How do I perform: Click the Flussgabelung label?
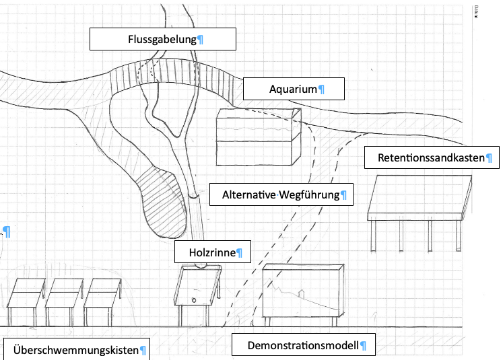click(x=163, y=39)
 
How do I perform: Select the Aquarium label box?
click(x=294, y=89)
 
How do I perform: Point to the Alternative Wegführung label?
click(x=281, y=195)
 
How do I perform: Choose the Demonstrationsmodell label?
click(x=302, y=346)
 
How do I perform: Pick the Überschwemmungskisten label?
click(x=75, y=350)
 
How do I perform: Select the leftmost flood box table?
click(x=26, y=293)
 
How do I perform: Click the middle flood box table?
click(x=65, y=293)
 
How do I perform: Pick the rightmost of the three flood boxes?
click(x=103, y=293)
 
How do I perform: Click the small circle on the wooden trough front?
click(x=195, y=299)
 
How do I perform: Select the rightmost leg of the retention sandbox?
click(x=459, y=235)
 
